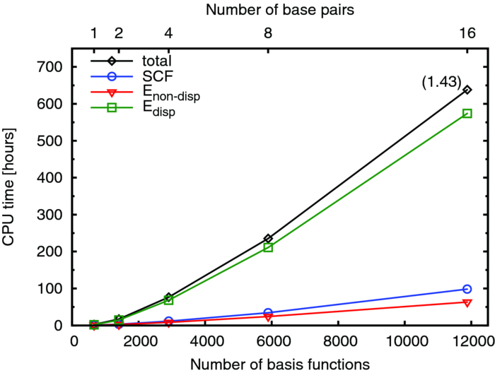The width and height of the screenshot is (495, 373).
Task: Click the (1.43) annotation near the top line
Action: point(442,82)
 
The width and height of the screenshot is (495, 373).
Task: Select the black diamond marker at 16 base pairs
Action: point(467,90)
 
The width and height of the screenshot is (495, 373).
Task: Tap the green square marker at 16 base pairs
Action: point(467,113)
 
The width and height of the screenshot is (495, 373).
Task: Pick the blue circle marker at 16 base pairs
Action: point(467,289)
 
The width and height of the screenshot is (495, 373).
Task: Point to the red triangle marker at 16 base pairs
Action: point(467,302)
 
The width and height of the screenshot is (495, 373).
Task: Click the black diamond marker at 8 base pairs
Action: point(268,239)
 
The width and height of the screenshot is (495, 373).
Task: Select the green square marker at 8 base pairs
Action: point(268,247)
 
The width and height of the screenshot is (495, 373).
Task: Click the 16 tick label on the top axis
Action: point(467,32)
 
